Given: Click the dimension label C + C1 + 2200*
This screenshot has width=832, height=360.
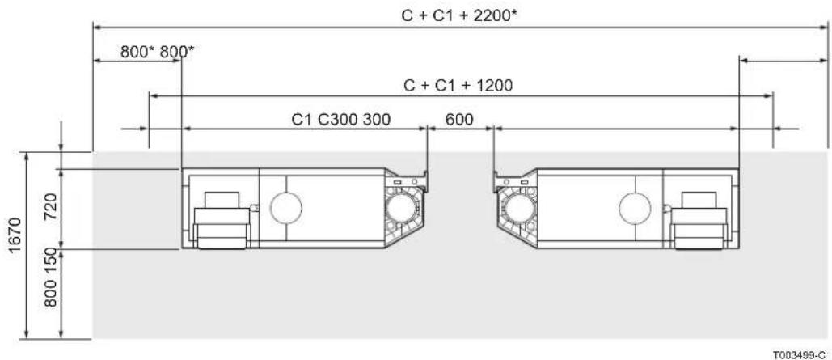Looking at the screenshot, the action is [459, 16].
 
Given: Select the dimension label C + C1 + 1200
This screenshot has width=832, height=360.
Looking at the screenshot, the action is [458, 85].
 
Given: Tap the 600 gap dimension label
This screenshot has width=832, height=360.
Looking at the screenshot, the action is [459, 120].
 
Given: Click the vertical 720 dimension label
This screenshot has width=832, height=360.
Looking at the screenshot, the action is [50, 210].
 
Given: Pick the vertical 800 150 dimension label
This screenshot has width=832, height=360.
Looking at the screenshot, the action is [50, 277].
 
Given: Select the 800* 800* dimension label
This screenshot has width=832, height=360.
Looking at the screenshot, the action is [157, 52].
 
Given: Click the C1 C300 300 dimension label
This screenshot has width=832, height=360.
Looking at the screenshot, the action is [340, 120].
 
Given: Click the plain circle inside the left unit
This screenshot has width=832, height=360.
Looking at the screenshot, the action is [286, 207].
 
